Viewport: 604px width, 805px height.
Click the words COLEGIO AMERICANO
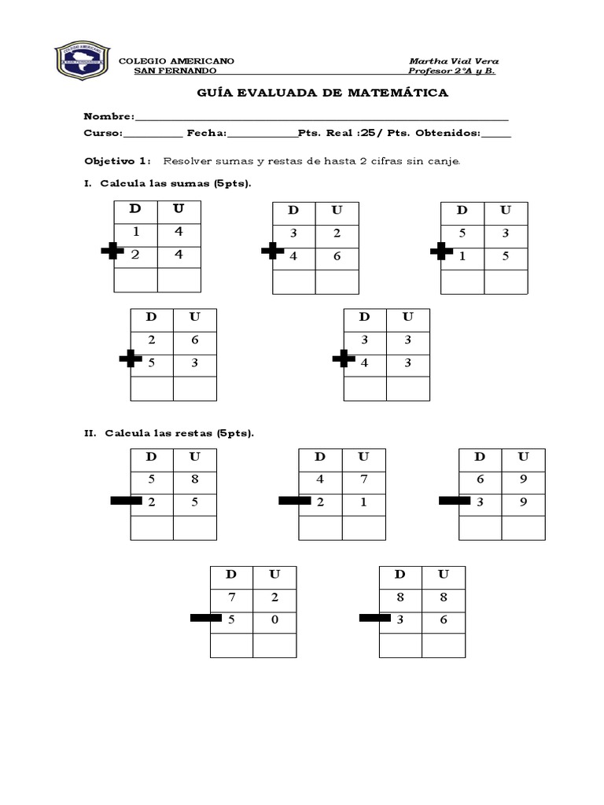tap(175, 61)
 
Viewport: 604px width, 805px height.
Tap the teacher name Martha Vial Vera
tap(454, 61)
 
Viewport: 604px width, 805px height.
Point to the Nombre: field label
tap(109, 116)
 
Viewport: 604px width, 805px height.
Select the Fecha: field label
tap(207, 134)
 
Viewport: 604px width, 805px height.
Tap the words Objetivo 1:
tap(116, 161)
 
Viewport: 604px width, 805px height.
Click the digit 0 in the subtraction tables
tap(274, 620)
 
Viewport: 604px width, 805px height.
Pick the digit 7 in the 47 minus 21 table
tap(363, 479)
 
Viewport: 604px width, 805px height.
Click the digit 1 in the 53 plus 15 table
tap(462, 256)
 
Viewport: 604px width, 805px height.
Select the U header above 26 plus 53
tap(194, 317)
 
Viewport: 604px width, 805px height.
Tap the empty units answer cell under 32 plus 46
tap(337, 282)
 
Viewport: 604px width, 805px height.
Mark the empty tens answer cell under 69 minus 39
tap(481, 527)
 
